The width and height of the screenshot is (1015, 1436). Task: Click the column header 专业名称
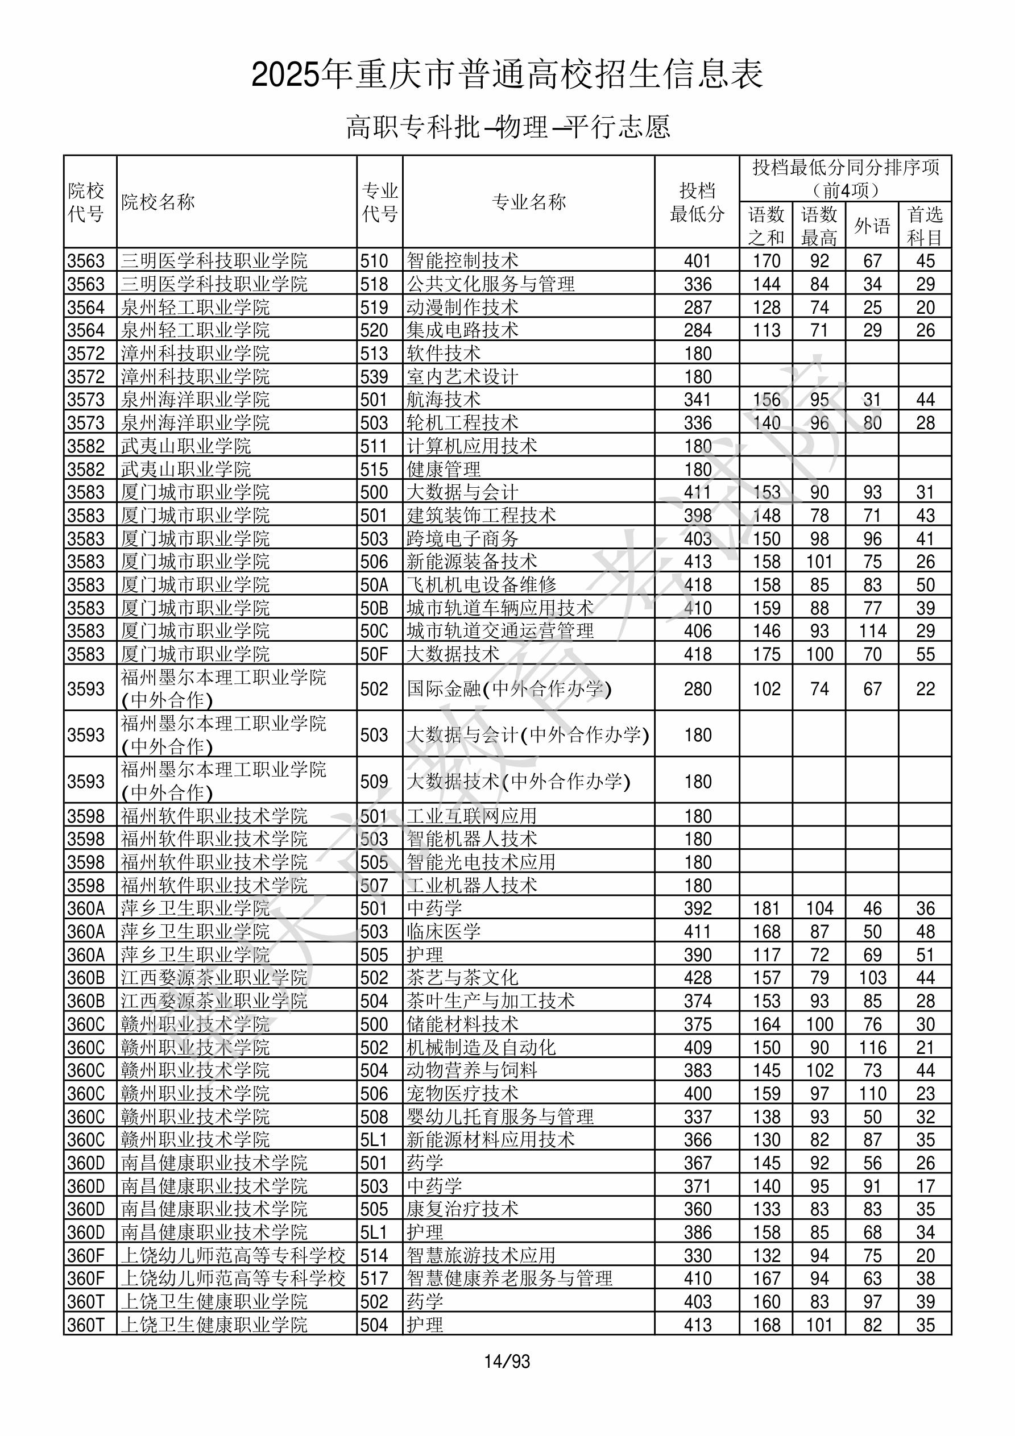point(529,202)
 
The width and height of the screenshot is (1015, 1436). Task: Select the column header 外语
point(872,226)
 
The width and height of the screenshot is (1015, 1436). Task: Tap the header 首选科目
point(925,226)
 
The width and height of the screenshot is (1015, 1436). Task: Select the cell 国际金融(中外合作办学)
point(509,688)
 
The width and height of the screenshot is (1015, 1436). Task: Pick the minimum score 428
point(698,978)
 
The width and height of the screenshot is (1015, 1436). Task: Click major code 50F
point(374,654)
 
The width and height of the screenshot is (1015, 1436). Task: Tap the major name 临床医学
point(444,931)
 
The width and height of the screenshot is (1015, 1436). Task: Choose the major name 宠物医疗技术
point(462,1093)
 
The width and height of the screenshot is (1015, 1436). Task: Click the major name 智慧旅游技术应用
point(481,1255)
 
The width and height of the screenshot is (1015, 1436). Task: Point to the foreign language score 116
point(872,1048)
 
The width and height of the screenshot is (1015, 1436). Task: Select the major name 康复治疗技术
point(462,1209)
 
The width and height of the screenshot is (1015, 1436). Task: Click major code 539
point(374,376)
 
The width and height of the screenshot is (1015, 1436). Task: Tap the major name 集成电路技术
point(462,330)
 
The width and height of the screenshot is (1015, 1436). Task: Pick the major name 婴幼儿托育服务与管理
point(500,1117)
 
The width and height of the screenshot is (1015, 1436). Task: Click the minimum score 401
point(698,261)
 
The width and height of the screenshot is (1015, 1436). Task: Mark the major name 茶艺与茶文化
point(462,978)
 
